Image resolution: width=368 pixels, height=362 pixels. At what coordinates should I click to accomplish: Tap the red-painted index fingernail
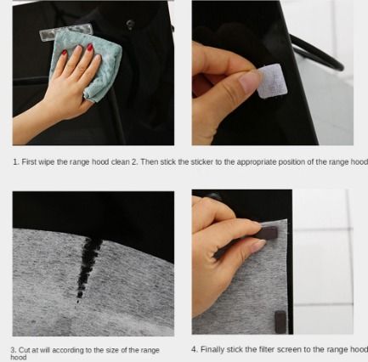tap(90, 47)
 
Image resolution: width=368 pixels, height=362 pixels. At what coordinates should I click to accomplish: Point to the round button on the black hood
tap(130, 25)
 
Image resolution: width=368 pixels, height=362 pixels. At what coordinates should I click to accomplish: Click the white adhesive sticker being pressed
tap(272, 82)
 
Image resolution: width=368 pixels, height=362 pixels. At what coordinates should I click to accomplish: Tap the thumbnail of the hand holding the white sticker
tap(249, 82)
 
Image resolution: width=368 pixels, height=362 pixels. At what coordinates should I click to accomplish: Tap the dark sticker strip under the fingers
tap(265, 234)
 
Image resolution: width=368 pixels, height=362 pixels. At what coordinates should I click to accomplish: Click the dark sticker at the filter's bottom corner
tap(280, 322)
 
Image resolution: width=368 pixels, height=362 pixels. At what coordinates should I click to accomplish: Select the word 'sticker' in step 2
tap(201, 162)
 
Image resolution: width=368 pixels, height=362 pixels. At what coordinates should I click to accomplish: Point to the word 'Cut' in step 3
tap(25, 350)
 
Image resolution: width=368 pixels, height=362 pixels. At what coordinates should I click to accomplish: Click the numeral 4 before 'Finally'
tap(194, 349)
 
